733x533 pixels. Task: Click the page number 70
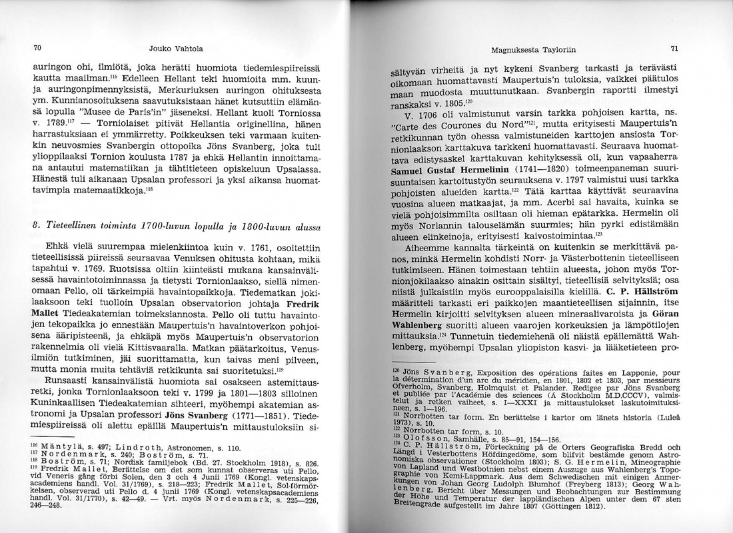38,48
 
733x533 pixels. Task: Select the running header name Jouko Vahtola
177,48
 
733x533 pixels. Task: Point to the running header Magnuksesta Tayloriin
533,50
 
